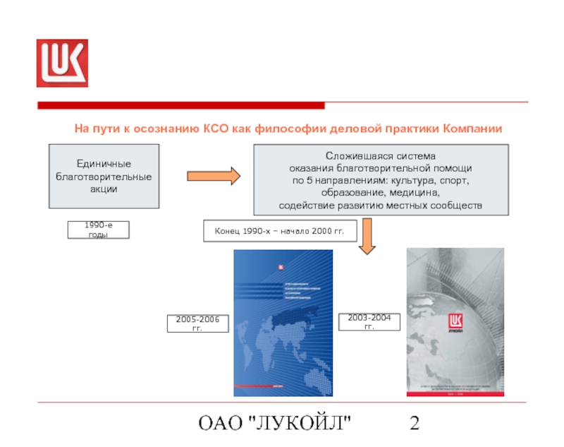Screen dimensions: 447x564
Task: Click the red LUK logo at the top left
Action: coord(62,63)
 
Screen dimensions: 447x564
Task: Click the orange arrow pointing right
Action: coord(214,177)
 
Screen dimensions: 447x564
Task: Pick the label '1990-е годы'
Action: coord(98,230)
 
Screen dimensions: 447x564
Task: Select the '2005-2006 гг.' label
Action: coord(197,324)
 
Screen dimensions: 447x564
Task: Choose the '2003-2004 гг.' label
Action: coord(369,323)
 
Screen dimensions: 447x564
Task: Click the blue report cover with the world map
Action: coord(283,323)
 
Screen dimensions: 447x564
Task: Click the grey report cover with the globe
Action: coord(455,323)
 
